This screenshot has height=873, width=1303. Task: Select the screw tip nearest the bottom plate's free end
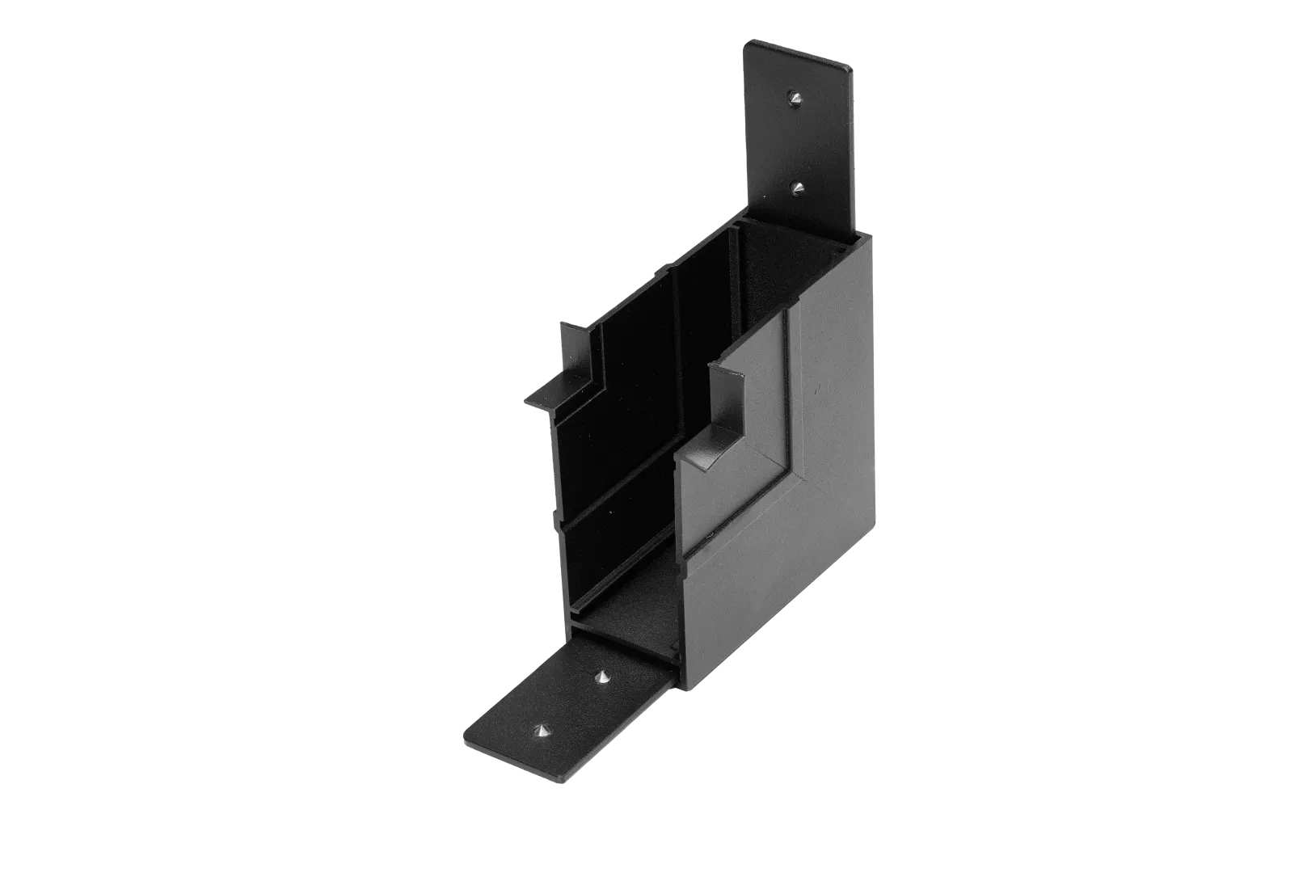coord(540,732)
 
